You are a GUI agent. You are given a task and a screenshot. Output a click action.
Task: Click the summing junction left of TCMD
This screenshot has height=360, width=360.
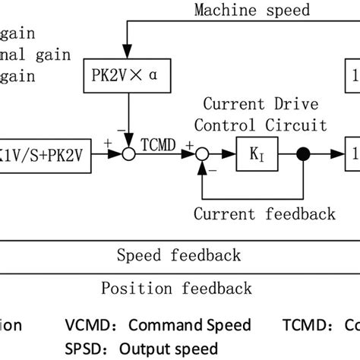[129, 154]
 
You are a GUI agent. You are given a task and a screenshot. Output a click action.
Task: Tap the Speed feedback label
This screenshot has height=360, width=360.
[180, 254]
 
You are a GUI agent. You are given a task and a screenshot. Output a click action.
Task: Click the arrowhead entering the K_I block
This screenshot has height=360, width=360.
[232, 154]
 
